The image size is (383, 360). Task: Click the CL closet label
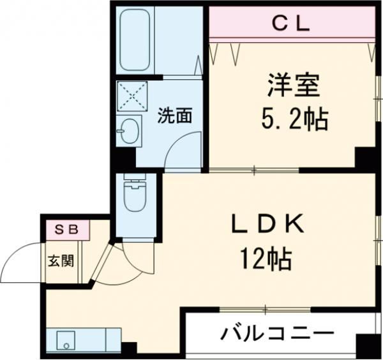coord(291,24)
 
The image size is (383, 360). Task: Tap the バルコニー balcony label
coord(278,333)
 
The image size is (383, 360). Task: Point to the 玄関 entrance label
coord(61,261)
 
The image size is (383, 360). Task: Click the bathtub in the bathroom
coord(135,41)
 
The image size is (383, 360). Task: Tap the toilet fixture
coord(135,195)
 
